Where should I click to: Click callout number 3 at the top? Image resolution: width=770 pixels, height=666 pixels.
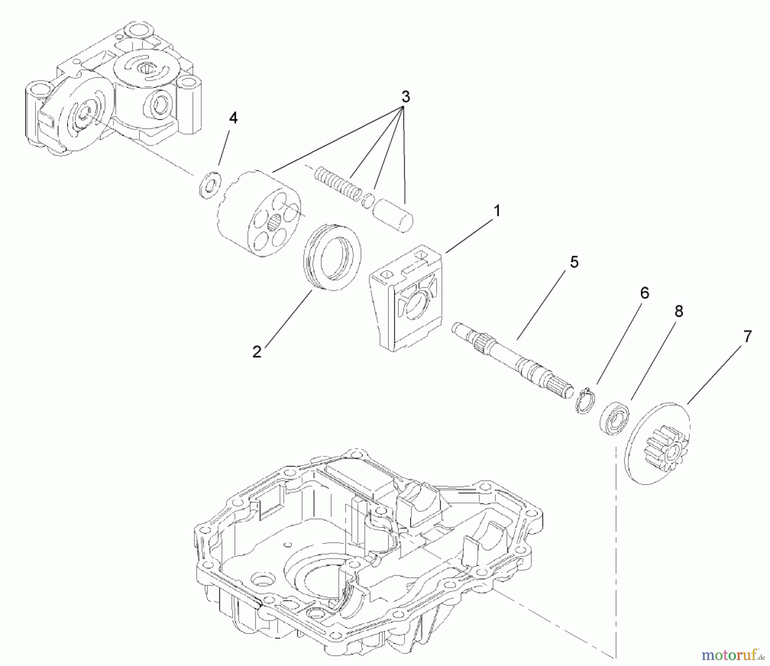(x=406, y=97)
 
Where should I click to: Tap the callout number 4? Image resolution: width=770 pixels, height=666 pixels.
(x=233, y=118)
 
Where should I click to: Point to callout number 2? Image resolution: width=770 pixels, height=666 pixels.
(x=257, y=352)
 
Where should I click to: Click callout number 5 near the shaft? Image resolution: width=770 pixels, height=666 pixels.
(x=574, y=262)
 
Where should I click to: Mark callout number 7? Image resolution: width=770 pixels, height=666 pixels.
(x=747, y=337)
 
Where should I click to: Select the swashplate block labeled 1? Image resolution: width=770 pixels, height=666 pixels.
(x=404, y=299)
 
